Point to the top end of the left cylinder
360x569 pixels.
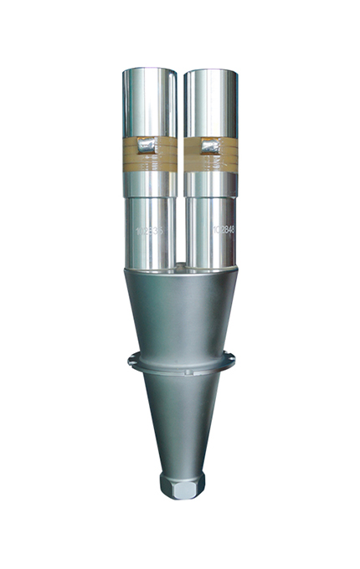[x=148, y=71]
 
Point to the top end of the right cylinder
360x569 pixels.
[x=211, y=71]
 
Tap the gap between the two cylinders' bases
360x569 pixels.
[x=180, y=251]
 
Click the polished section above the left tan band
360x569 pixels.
[x=148, y=105]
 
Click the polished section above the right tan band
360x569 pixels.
[x=211, y=105]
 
